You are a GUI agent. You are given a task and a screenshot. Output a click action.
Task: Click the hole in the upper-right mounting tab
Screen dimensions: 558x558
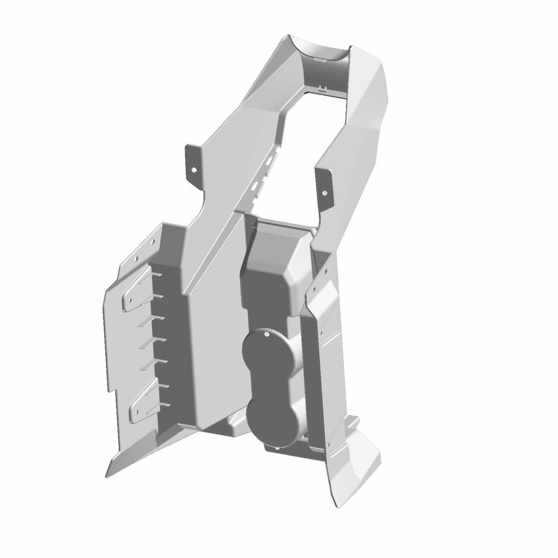[x=324, y=193]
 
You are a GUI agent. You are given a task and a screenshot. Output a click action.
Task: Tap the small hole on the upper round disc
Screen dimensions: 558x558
[x=266, y=335]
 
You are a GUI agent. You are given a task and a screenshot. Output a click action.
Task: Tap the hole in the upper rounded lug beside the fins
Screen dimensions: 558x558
[x=130, y=299]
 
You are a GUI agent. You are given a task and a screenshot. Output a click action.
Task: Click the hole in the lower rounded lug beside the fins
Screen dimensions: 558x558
[x=137, y=412]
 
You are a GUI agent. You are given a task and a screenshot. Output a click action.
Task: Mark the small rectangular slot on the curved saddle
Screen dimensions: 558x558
[x=319, y=59]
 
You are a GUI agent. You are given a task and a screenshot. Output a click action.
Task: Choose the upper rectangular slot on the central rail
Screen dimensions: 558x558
[x=269, y=161]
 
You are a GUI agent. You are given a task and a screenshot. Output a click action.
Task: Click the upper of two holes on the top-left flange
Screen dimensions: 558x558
[x=152, y=241]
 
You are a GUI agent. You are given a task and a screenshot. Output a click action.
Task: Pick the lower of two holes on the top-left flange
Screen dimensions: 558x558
[x=136, y=258]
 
